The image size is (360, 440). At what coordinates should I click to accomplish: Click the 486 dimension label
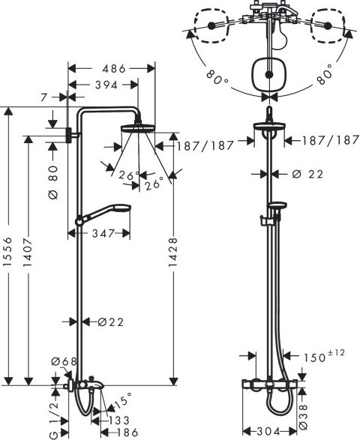pos(114,68)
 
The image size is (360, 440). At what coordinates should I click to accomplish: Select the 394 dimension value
pos(106,85)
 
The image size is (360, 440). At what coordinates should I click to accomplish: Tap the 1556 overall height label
pos(8,251)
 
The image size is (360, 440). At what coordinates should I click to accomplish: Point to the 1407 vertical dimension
pos(28,253)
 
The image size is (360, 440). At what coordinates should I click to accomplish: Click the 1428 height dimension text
pos(173,252)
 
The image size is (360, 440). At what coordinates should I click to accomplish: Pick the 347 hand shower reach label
pos(103,233)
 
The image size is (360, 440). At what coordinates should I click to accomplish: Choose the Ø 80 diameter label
pos(53,182)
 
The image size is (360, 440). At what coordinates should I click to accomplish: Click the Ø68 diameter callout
pos(64,362)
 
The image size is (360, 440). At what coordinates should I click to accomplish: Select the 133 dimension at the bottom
pos(119,421)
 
